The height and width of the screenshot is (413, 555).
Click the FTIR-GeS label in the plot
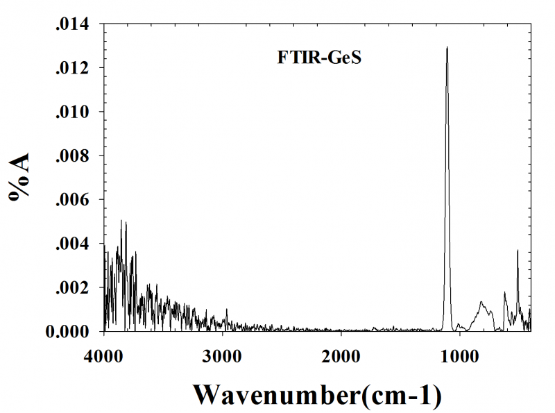[x=321, y=58]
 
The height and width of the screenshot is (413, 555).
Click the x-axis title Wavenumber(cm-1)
[x=317, y=394]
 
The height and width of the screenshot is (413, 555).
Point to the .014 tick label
[x=71, y=26]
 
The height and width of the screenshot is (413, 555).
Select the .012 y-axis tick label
[x=71, y=69]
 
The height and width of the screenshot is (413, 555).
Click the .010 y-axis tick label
[x=71, y=112]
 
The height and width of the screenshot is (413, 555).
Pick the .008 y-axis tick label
[x=71, y=156]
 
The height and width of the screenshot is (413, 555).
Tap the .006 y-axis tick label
[x=71, y=200]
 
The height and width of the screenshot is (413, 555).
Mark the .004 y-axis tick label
[x=71, y=244]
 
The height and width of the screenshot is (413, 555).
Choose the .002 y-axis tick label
[x=71, y=288]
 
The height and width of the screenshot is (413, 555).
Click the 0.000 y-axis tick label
[x=68, y=331]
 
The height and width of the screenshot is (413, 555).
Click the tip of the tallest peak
[x=447, y=48]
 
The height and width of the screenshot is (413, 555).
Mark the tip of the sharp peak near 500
[x=518, y=251]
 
